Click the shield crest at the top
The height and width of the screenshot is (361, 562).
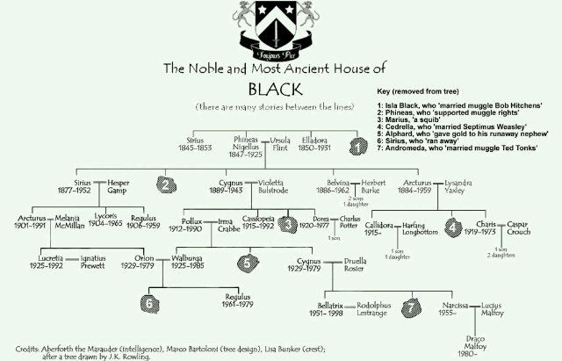pos(281,26)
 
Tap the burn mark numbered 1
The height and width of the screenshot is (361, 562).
pos(359,147)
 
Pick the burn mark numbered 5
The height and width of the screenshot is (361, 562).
pos(251,260)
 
